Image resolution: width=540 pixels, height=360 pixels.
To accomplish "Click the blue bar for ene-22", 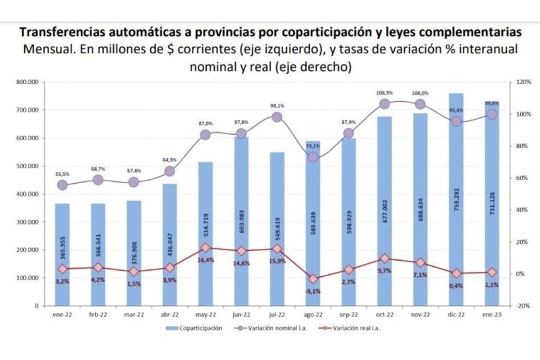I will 62,254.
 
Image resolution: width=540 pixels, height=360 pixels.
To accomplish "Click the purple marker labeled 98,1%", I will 277,117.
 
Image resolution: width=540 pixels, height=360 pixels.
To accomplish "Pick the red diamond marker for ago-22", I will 313,279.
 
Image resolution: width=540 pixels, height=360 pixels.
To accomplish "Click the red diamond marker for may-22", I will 205,248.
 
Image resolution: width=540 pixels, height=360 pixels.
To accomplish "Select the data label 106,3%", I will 384,93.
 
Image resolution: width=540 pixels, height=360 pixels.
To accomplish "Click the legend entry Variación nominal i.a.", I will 268,328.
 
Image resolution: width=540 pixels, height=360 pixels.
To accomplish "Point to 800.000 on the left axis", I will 28,82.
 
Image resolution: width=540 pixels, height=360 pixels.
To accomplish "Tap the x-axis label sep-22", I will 349,315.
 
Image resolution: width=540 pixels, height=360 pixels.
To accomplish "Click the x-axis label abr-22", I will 169,315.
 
